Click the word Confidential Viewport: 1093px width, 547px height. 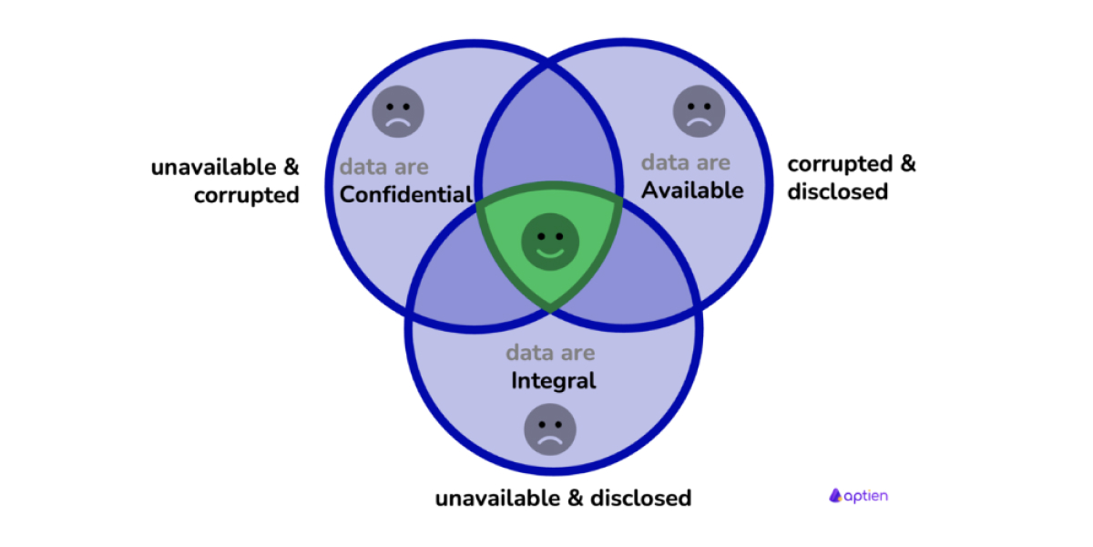pos(405,194)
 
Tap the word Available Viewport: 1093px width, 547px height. pos(692,190)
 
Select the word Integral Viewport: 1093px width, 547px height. pos(553,379)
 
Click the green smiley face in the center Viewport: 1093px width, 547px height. pos(548,242)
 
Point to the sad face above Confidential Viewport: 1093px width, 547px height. pos(398,112)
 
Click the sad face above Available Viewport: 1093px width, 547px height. pos(699,111)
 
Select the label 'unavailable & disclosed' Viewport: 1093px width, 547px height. pos(563,499)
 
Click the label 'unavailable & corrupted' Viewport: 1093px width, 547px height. pos(225,181)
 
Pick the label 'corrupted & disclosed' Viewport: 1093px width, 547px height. pos(852,178)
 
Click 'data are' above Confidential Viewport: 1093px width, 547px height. pos(383,168)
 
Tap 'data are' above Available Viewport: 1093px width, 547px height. pos(685,163)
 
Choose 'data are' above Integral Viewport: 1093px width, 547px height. pos(550,353)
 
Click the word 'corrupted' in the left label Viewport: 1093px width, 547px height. pos(247,195)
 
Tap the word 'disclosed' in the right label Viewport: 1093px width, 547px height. pos(837,191)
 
